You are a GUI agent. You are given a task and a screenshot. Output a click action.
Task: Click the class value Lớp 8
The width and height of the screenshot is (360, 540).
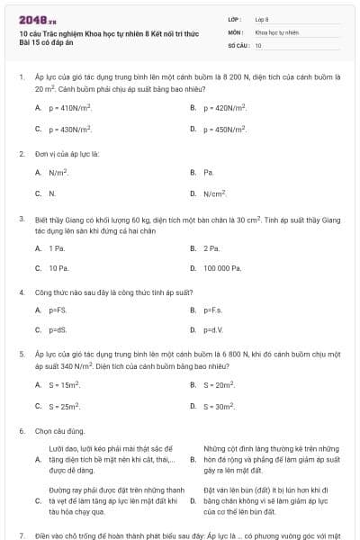(x=262, y=19)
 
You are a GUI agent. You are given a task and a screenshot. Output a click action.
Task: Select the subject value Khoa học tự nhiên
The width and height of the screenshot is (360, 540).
(x=276, y=31)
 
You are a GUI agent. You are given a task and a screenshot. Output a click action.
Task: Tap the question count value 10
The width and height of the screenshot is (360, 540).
(x=258, y=44)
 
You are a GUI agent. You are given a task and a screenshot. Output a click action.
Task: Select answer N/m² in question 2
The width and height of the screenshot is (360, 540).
(x=58, y=172)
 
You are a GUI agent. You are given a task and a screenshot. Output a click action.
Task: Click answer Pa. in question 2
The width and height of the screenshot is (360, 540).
(x=209, y=172)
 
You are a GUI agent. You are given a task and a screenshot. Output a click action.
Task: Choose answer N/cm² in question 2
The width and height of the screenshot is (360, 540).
(x=214, y=193)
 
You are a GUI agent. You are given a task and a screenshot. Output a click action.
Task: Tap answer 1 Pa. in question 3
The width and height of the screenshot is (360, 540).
(x=57, y=247)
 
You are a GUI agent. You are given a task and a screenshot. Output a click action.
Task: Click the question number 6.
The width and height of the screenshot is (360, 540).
(x=21, y=431)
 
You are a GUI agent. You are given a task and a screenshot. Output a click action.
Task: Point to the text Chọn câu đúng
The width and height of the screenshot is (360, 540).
(x=60, y=431)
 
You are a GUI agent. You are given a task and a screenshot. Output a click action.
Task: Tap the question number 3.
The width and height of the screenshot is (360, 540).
(x=21, y=219)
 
